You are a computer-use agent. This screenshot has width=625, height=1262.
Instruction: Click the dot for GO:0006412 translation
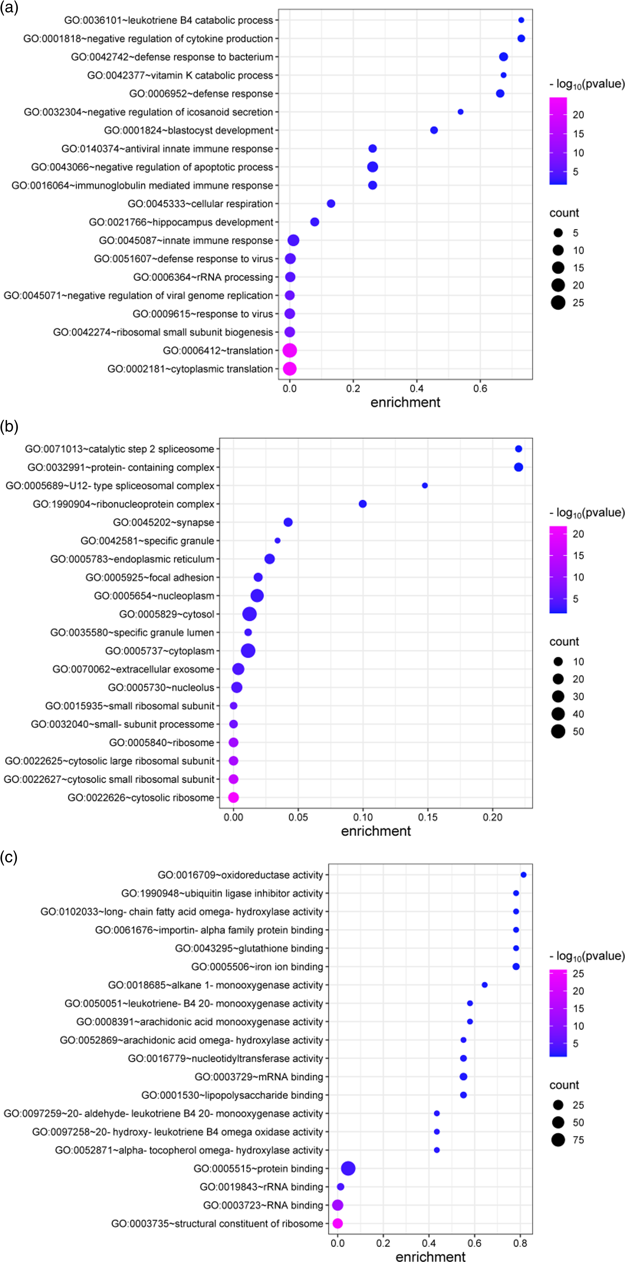pos(290,350)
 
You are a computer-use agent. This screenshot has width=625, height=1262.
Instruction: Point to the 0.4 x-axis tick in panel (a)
pos(417,389)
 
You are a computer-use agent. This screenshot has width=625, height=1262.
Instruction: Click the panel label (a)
pos(9,8)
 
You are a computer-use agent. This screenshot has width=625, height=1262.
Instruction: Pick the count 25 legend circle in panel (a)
pos(558,303)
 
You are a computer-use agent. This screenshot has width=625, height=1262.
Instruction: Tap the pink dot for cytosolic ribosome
pos(233,798)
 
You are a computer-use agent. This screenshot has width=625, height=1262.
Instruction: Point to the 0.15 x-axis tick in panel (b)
pos(428,817)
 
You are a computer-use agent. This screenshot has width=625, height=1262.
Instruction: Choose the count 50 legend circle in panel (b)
pos(558,731)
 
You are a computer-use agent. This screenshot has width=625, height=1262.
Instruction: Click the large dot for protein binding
pos(348,1168)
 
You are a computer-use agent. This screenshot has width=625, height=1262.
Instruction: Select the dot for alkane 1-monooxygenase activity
pos(484,985)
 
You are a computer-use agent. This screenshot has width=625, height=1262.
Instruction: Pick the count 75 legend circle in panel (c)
pos(558,1140)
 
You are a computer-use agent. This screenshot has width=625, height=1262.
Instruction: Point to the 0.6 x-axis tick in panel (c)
pos(474,1243)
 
